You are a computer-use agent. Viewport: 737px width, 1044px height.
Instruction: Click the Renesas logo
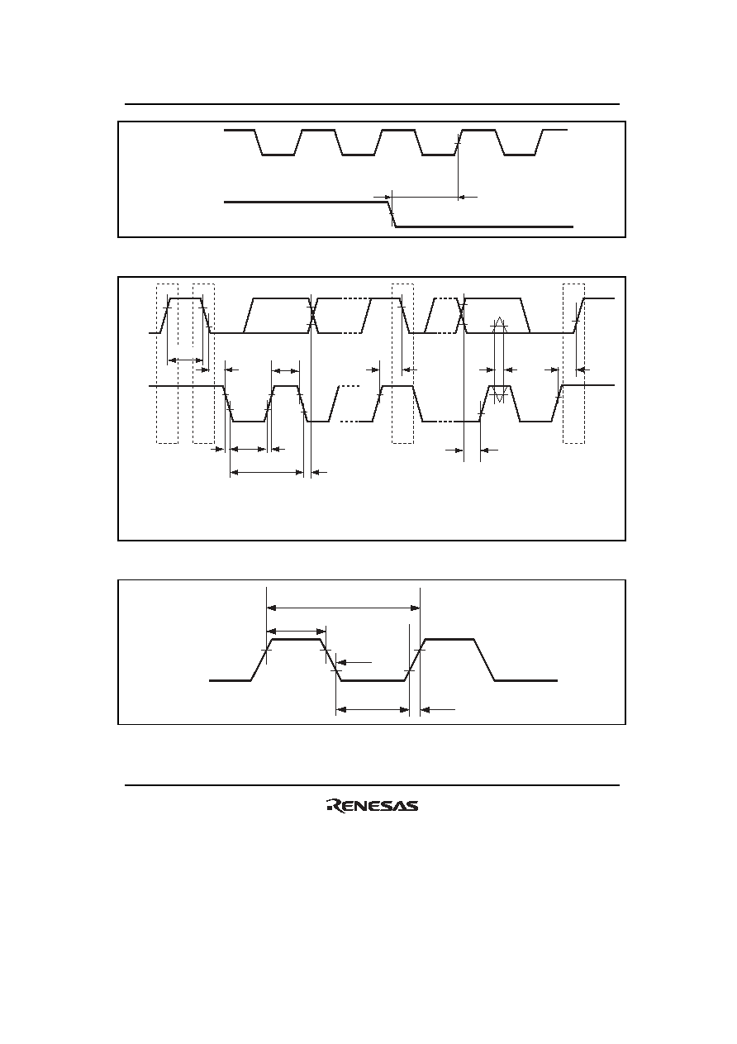(373, 806)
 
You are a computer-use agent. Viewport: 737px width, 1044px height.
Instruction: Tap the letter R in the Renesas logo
(334, 806)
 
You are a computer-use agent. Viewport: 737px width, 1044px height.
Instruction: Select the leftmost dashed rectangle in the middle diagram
(167, 364)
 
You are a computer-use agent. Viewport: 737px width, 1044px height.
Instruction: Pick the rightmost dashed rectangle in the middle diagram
(573, 364)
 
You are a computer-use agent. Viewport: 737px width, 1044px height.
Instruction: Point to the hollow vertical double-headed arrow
(499, 359)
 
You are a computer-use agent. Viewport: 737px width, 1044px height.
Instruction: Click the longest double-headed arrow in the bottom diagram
(344, 608)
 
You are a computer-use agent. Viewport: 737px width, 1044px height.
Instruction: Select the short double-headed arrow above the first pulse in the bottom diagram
(297, 632)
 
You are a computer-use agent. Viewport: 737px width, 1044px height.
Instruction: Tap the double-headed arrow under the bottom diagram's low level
(373, 710)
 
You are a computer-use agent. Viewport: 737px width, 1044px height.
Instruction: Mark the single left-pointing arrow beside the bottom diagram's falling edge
(354, 662)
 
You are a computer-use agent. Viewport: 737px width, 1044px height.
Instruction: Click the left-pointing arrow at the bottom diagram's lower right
(438, 710)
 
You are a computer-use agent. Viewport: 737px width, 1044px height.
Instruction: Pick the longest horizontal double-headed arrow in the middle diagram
(267, 473)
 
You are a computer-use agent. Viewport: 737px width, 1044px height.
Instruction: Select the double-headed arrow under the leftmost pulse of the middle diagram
(185, 360)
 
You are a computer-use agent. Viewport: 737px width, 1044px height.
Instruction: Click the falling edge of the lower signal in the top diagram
(392, 214)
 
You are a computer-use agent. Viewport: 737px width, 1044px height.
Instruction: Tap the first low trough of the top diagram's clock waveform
(278, 155)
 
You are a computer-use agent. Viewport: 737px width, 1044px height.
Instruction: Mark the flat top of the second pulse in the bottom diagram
(450, 639)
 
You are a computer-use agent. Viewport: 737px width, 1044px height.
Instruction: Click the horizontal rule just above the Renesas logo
(373, 785)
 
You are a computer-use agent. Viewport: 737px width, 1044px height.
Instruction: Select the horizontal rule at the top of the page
(373, 104)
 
